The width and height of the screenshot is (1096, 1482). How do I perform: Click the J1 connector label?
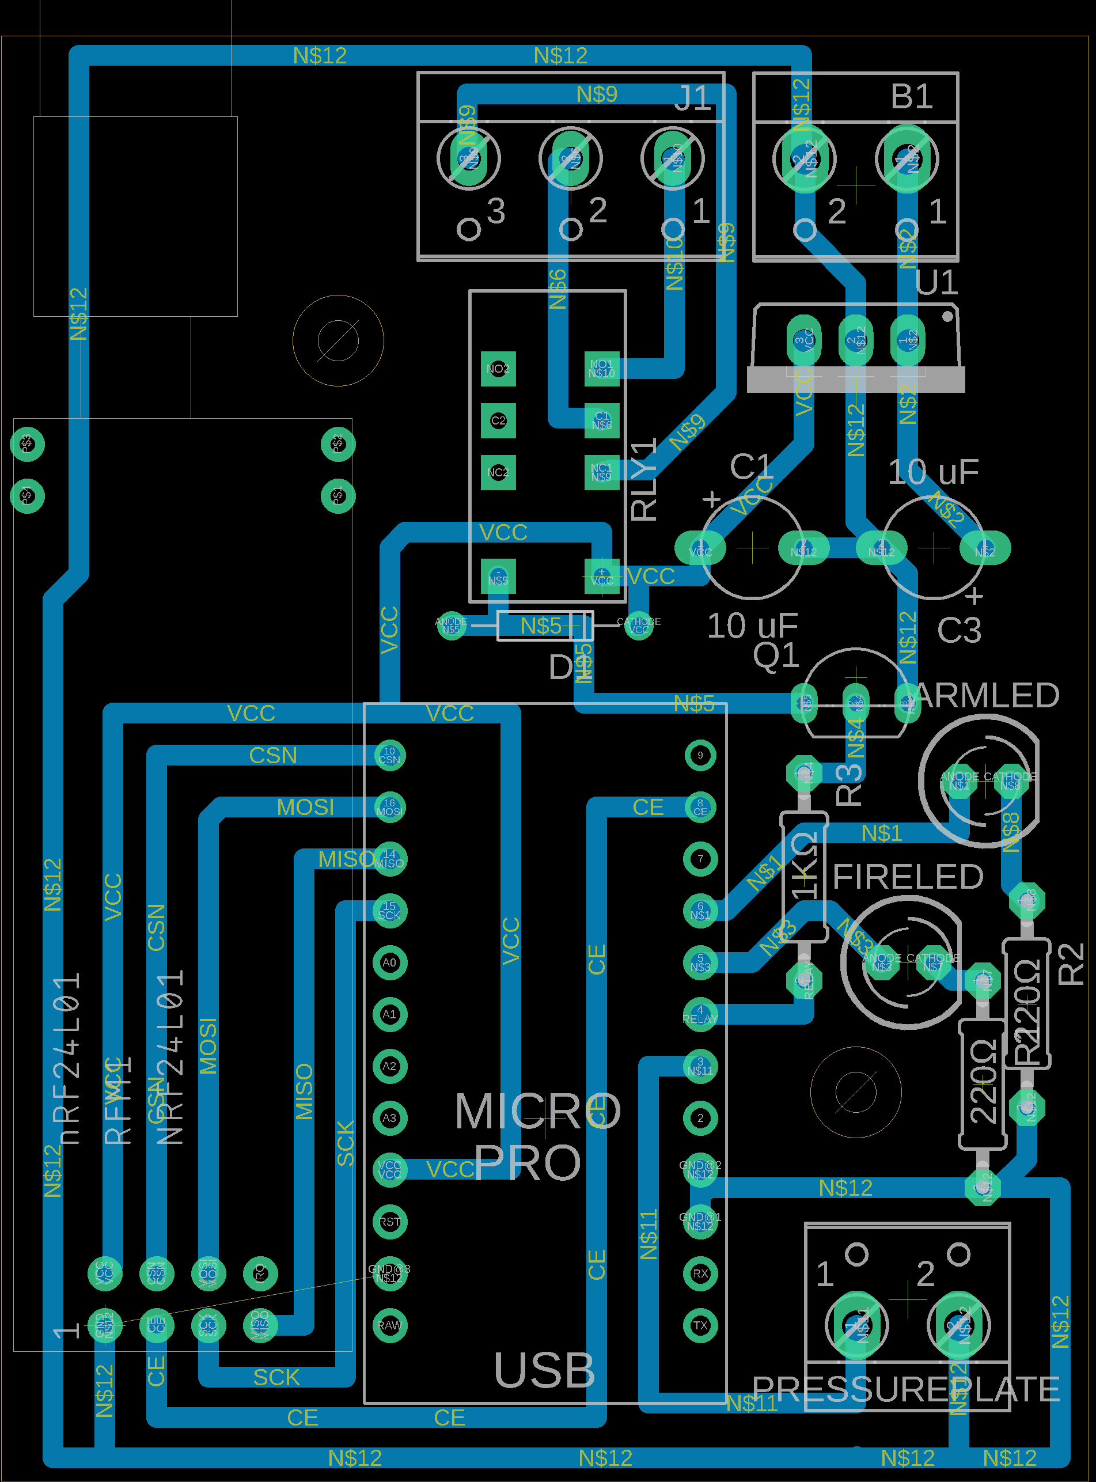(693, 98)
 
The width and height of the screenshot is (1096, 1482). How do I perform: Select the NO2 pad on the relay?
(498, 369)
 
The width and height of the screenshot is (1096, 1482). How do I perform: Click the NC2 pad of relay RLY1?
(498, 472)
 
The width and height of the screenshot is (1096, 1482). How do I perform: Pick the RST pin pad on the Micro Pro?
(389, 1222)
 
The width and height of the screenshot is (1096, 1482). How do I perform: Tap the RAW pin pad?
(389, 1325)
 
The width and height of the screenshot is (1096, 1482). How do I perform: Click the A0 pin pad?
(389, 962)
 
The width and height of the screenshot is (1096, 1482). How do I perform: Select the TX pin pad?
(700, 1325)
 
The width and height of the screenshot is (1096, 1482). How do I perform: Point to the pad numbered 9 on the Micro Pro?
(700, 755)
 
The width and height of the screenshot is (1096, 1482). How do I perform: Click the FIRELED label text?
(907, 877)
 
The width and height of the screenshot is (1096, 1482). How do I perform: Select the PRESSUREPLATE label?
(905, 1389)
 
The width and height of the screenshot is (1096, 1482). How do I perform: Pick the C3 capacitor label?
(959, 631)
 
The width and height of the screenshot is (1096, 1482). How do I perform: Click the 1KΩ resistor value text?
(805, 866)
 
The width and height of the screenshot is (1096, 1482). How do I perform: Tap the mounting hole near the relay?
(337, 341)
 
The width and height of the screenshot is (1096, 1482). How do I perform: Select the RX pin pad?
(700, 1273)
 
